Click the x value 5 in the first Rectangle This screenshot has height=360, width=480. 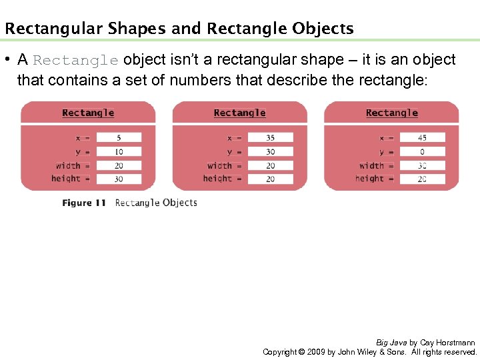119,138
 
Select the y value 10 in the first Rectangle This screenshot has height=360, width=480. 119,152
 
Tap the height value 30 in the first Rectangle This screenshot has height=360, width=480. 119,179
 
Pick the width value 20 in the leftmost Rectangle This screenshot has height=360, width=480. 119,165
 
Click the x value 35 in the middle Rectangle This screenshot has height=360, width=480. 270,138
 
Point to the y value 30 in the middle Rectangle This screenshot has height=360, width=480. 270,152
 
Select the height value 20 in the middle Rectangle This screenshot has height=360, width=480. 270,179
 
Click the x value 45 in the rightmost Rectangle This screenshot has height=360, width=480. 422,138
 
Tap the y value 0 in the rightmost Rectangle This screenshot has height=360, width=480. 422,152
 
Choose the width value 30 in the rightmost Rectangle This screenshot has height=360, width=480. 422,165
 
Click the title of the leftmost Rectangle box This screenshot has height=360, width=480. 88,113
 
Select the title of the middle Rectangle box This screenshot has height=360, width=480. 240,113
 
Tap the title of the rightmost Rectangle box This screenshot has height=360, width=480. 392,113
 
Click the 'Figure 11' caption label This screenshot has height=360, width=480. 84,203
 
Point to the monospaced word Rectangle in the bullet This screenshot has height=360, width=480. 75,61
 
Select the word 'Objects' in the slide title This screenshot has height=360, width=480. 323,29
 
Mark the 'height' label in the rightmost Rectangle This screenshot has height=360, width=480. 369,179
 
